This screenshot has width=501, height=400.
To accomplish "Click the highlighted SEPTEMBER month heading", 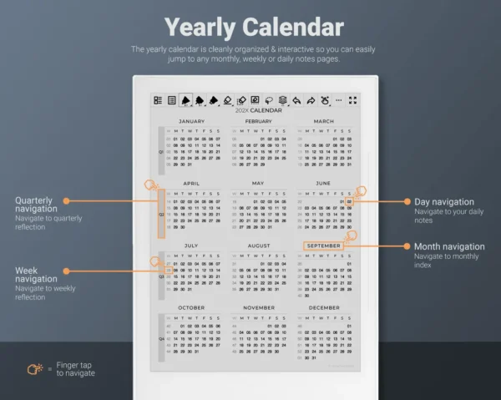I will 323,246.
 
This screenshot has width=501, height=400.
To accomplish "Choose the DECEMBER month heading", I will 323,307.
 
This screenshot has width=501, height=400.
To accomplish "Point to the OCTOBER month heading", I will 191,307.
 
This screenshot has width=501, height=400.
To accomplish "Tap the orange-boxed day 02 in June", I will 349,202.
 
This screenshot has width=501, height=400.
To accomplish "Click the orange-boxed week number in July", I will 168,271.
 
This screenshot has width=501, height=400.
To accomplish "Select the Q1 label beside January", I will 161,152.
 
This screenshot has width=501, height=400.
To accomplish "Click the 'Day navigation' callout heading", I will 443,201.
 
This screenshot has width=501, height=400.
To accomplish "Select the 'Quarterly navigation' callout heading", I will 33,205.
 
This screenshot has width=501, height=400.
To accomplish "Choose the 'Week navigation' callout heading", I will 36,275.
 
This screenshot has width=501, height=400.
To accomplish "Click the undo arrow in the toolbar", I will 296,100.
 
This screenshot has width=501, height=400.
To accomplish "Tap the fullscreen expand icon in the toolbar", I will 352,100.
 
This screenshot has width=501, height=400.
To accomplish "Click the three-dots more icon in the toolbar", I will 339,100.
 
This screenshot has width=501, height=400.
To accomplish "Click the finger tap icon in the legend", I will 34,367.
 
